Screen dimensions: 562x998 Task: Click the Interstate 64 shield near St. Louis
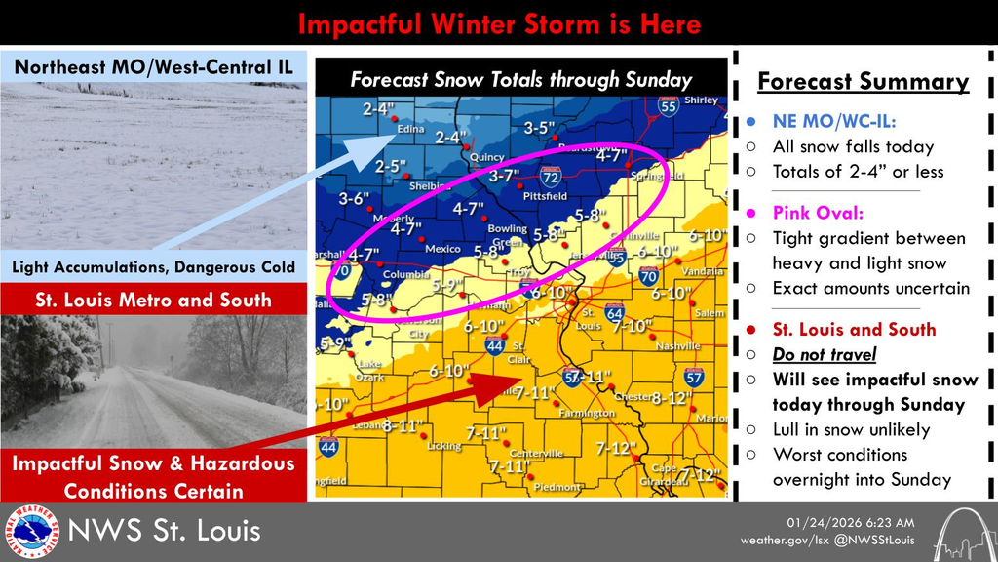613,312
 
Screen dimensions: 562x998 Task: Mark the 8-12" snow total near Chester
671,397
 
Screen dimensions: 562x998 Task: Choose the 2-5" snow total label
390,166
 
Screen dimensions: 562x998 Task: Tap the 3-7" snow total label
505,176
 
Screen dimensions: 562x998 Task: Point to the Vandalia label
704,271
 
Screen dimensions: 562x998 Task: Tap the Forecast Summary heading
863,81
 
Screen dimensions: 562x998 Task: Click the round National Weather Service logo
31,532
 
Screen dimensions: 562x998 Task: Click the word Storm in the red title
568,22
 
